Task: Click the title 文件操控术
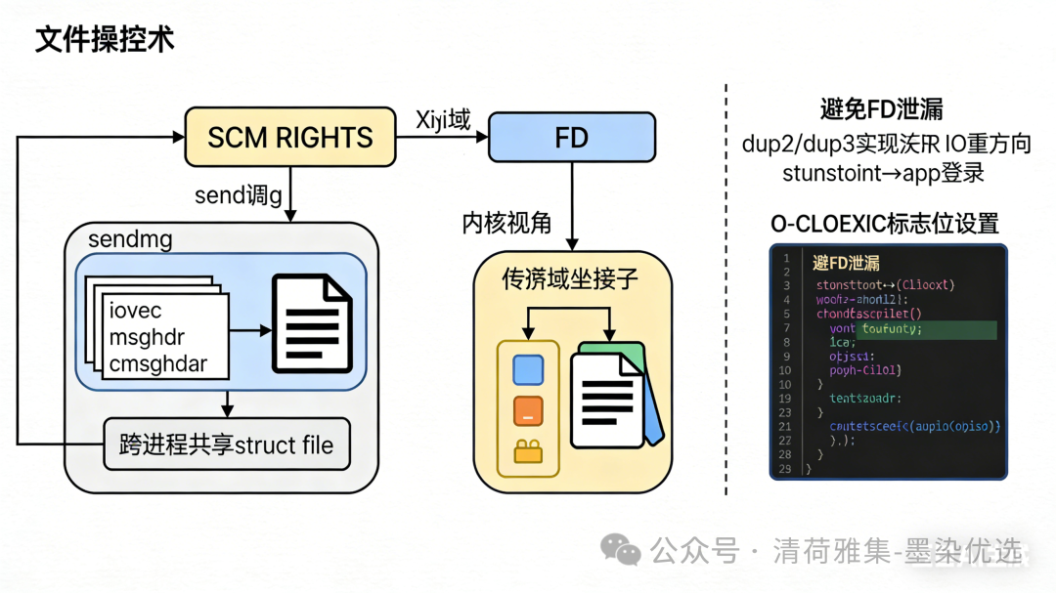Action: click(x=105, y=39)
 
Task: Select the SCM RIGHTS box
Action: click(x=290, y=137)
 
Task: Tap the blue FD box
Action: click(x=571, y=137)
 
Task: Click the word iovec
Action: click(x=136, y=312)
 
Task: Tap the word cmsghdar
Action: click(x=158, y=364)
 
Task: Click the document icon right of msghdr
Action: click(x=311, y=323)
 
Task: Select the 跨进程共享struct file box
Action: click(x=226, y=445)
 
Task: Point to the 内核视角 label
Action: click(x=506, y=223)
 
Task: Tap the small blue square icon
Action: click(x=528, y=369)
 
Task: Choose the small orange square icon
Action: click(x=528, y=410)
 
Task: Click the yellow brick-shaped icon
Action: click(x=528, y=450)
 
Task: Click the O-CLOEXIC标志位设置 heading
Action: click(x=885, y=224)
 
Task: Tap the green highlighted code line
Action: click(x=926, y=329)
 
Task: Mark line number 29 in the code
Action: click(x=784, y=469)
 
